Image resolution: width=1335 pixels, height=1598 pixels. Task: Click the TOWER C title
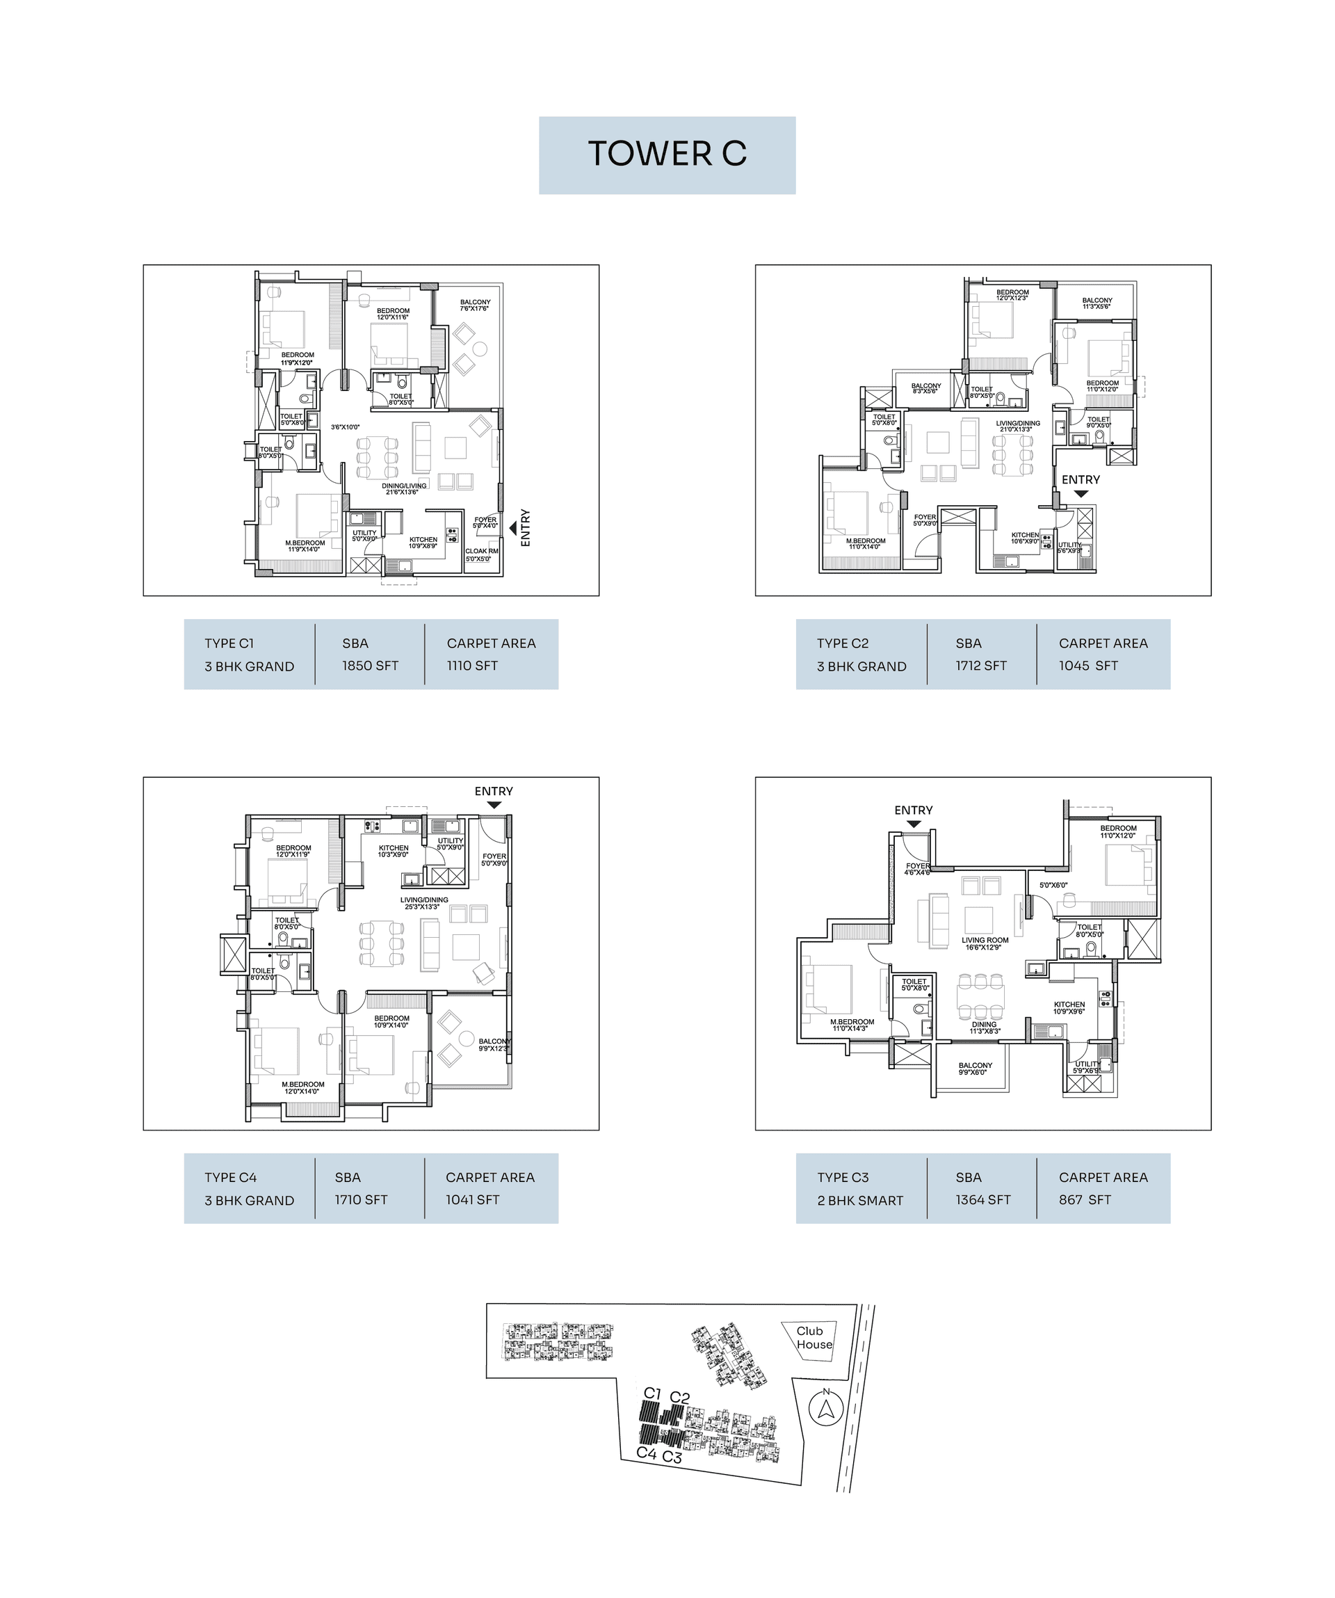(667, 154)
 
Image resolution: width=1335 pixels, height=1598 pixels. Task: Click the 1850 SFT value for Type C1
(370, 665)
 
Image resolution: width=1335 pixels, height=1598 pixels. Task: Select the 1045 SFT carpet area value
(1087, 665)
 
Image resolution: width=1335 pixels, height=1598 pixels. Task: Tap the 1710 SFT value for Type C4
(361, 1199)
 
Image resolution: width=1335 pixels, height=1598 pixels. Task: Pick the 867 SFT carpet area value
(1084, 1199)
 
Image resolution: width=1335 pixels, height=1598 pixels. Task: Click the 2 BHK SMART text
(859, 1200)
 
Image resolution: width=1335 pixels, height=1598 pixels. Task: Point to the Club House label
(814, 1338)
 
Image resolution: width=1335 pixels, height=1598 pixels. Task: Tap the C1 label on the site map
(652, 1393)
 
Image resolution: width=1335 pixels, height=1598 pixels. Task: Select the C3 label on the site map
(672, 1457)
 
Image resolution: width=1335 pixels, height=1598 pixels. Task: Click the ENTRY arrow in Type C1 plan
(513, 527)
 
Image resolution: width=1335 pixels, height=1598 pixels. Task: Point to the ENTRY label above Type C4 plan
(494, 792)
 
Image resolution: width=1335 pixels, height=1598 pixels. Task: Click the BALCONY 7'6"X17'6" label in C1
(475, 305)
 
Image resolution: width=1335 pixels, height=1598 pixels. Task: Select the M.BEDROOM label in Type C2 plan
(865, 543)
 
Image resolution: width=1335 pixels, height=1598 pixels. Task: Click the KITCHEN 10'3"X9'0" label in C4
(394, 851)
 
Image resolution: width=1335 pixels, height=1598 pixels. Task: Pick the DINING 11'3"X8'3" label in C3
(985, 1028)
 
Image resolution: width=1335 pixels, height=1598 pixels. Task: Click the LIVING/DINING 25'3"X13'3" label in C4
(423, 903)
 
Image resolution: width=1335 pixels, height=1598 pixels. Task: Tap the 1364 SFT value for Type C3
(982, 1199)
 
